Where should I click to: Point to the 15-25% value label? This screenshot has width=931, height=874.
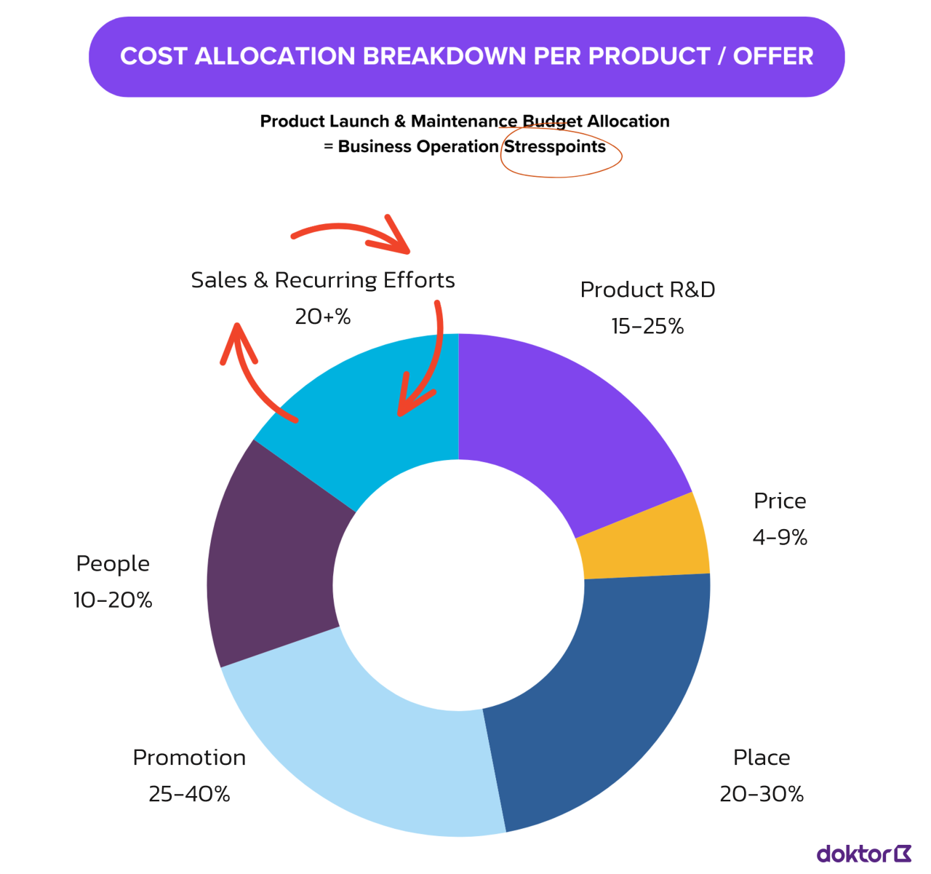[x=647, y=327]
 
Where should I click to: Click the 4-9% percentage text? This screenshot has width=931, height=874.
[x=780, y=538]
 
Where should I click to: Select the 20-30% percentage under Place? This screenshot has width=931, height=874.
[x=762, y=794]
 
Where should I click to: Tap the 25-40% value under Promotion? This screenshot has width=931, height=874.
[x=189, y=794]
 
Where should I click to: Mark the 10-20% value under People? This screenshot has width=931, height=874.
[x=113, y=600]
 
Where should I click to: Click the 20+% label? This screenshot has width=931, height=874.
[x=323, y=317]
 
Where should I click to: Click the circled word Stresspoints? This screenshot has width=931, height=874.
[x=555, y=147]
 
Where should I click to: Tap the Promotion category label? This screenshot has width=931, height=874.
[x=189, y=758]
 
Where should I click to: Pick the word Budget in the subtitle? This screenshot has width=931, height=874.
[x=552, y=122]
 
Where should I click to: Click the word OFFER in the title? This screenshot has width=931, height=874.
[x=773, y=57]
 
